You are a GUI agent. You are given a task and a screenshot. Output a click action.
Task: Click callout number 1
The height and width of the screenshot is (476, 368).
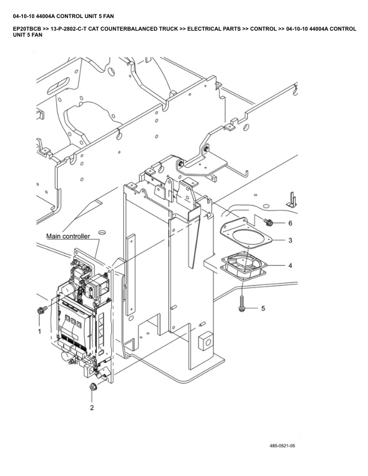pos(40,331)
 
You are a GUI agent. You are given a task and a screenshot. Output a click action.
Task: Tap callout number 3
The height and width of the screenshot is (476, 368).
pos(290,240)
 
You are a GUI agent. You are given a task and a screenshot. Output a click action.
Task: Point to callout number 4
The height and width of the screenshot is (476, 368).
pos(290,265)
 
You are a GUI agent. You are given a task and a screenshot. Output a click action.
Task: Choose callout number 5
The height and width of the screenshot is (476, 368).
pos(262,308)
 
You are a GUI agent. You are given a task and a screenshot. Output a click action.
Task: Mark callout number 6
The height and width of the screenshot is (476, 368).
pos(290,223)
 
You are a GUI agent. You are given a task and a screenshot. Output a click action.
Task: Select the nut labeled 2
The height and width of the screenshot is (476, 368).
pos(93,386)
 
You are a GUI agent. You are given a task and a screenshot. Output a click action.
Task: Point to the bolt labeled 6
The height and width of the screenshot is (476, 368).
pos(269,222)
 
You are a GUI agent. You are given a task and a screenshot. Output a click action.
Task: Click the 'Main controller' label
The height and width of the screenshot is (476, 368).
pos(68,237)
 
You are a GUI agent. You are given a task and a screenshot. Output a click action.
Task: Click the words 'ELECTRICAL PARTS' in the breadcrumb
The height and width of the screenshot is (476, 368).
pos(213,28)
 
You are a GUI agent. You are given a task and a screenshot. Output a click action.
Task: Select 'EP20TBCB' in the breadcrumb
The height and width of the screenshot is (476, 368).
pos(26,28)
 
